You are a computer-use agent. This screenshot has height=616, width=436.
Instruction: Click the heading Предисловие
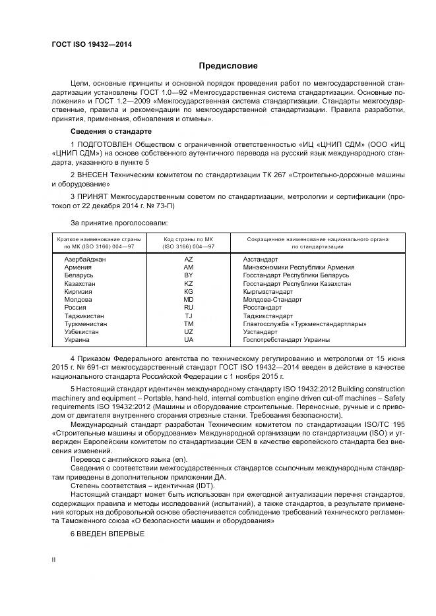coord(228,66)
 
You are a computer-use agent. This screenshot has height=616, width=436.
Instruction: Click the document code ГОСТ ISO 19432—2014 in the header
coord(92,44)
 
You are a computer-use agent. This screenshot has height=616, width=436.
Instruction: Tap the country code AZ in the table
coord(189,260)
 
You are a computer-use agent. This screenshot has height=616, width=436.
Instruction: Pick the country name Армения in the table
coord(78,267)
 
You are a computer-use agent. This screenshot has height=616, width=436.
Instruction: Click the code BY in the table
coord(189,275)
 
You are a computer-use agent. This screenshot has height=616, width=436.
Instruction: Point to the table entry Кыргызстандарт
coord(268,291)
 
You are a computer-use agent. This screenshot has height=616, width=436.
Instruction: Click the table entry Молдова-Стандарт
coord(272,299)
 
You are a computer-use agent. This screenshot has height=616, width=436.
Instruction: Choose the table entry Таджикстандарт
coord(268,316)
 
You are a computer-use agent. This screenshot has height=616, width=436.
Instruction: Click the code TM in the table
coord(189,323)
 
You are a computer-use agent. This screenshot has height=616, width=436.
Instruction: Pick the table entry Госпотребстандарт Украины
coord(286,340)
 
